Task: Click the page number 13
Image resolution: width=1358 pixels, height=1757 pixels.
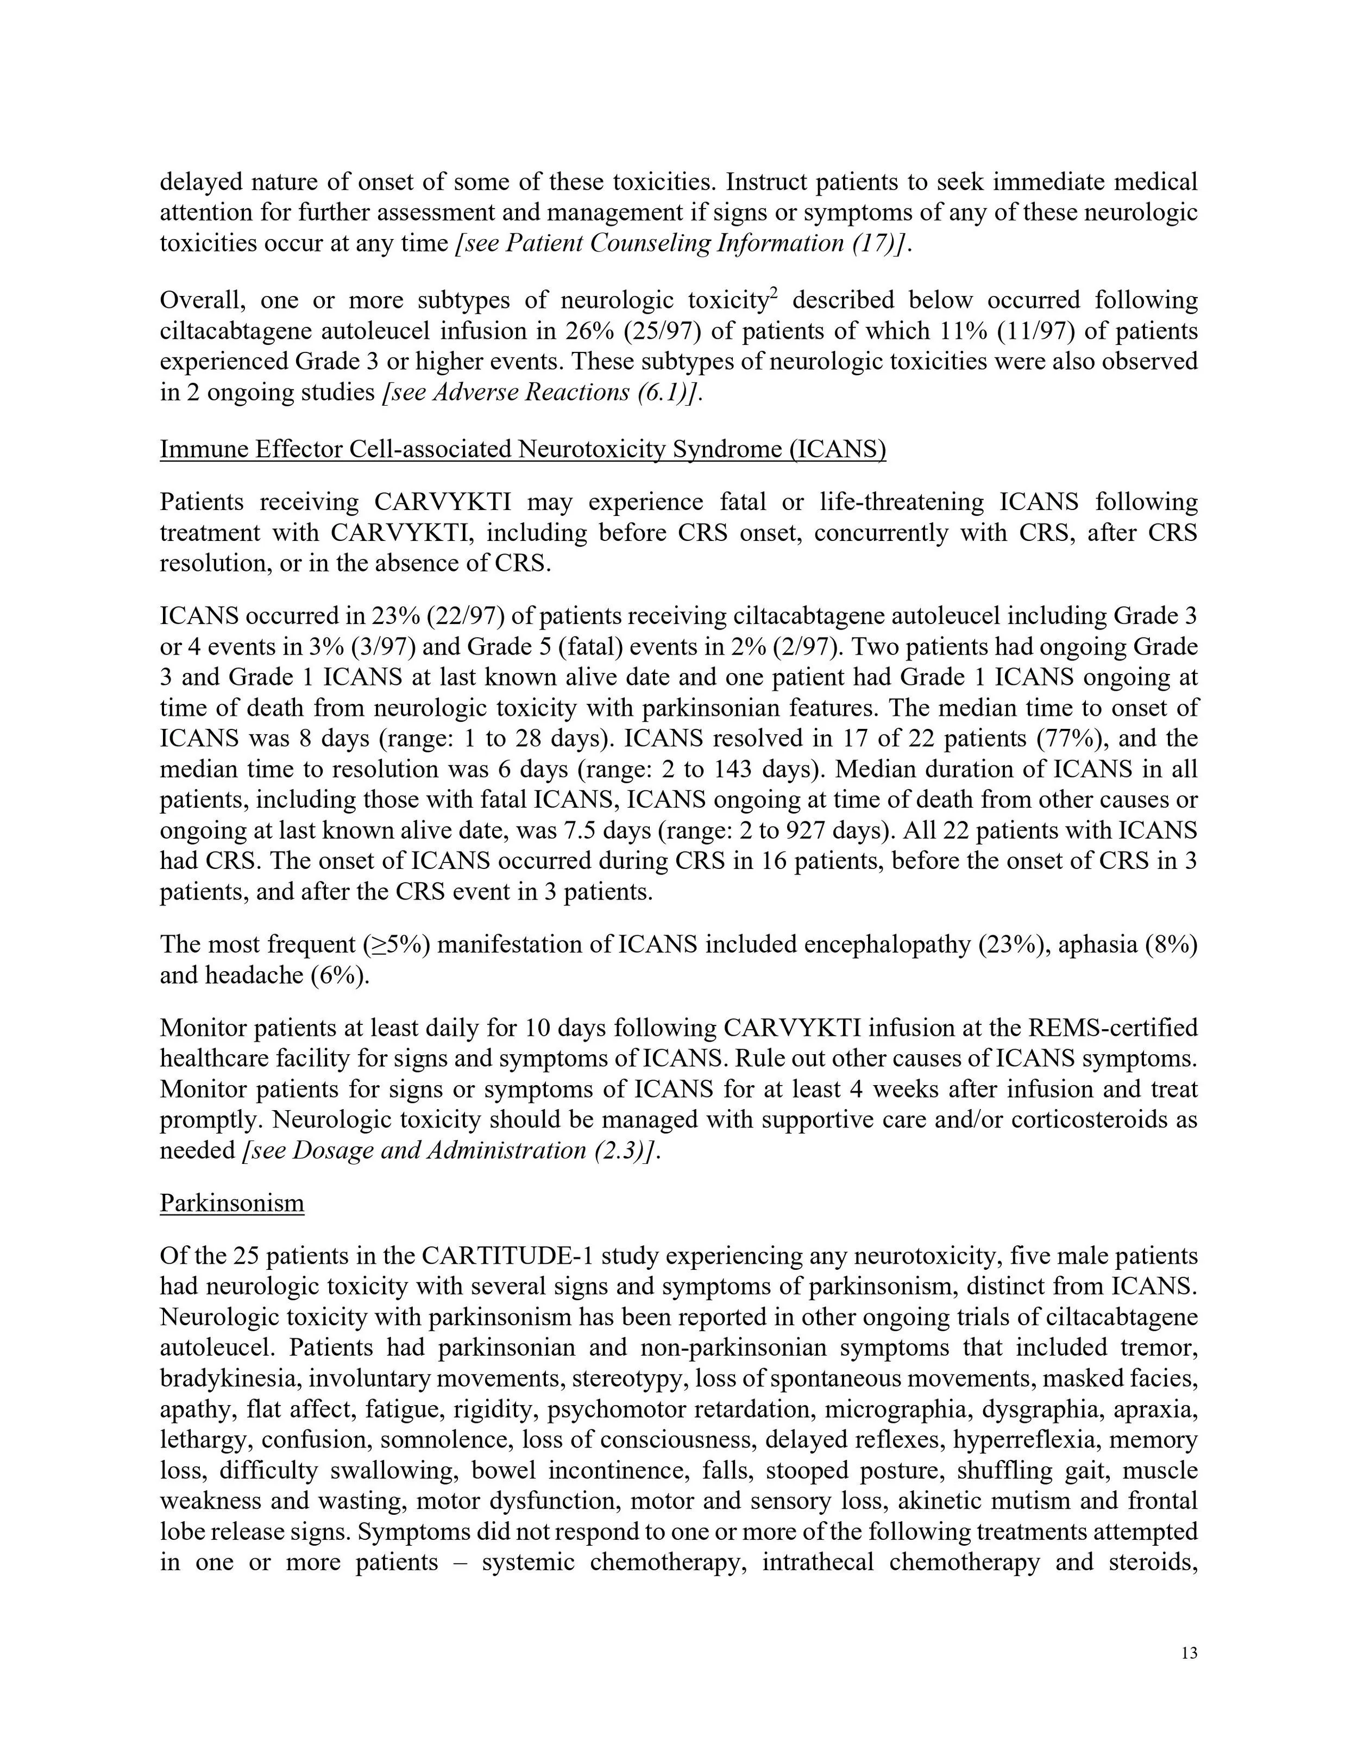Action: click(1190, 1653)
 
